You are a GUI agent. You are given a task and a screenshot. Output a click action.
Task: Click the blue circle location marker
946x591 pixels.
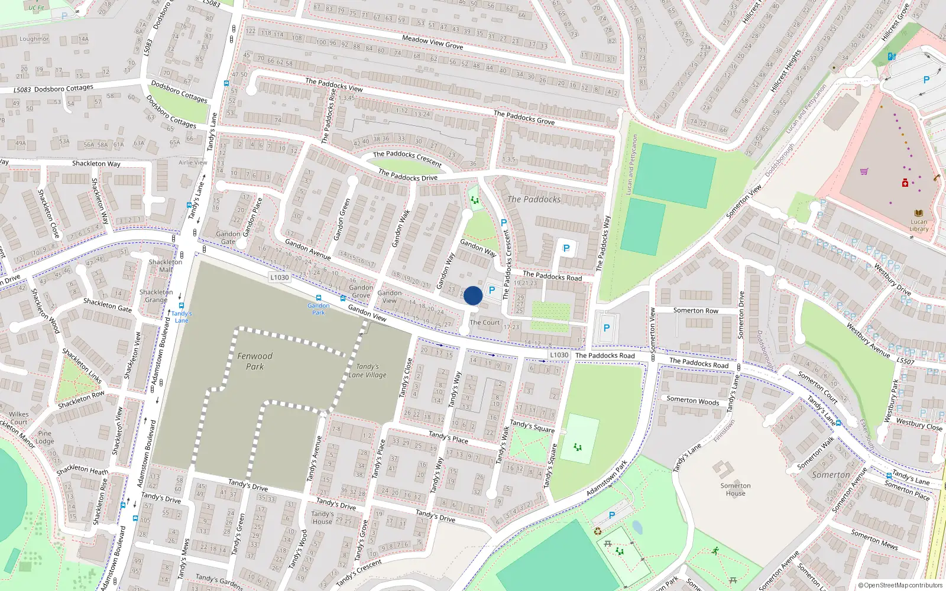[x=473, y=295]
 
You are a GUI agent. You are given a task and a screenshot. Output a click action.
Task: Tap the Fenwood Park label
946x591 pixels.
[x=255, y=361]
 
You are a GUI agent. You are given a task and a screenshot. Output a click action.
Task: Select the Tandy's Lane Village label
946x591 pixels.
[x=367, y=371]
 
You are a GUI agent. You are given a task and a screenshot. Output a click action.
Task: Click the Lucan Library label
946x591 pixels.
[x=918, y=225]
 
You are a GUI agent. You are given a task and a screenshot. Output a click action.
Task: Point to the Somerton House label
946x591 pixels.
[x=736, y=489]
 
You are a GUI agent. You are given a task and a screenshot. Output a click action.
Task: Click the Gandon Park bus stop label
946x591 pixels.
[x=319, y=309]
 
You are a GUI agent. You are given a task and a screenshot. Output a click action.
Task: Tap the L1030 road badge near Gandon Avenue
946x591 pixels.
[x=279, y=277]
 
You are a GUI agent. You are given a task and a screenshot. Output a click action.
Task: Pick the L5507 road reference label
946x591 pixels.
[x=905, y=361]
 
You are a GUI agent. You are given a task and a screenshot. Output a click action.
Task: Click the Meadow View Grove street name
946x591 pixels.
[x=432, y=42]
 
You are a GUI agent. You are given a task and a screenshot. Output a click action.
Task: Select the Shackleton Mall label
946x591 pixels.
[x=166, y=265]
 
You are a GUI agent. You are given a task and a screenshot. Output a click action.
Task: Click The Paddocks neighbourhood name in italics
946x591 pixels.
[x=534, y=199]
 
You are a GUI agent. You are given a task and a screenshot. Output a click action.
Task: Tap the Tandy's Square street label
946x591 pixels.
[x=532, y=426]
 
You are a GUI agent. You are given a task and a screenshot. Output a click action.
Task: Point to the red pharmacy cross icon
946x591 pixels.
[x=905, y=183]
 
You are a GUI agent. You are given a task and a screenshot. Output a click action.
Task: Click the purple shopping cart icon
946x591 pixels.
[x=864, y=171]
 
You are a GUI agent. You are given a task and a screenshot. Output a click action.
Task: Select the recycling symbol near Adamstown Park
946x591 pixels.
[x=598, y=531]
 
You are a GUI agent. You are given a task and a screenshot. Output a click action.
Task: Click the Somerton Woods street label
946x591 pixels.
[x=693, y=401]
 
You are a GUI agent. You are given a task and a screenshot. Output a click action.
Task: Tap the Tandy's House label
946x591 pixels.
[x=322, y=518]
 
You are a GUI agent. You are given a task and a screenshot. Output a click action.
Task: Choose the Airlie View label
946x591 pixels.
[x=193, y=163]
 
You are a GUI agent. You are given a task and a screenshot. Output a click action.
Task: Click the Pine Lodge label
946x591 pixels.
[x=44, y=437]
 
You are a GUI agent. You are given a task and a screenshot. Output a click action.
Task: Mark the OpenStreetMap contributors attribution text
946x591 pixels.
[x=900, y=586]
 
